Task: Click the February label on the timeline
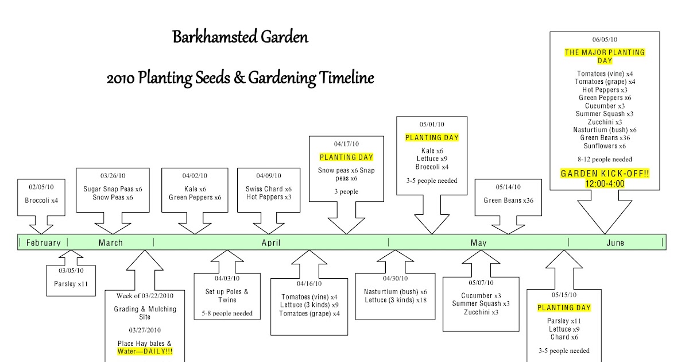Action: [x=44, y=242]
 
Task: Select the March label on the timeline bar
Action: [x=111, y=242]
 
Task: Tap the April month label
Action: [x=271, y=242]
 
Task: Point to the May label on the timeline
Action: [x=478, y=242]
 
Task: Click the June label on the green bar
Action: [x=615, y=242]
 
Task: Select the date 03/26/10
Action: [x=113, y=176]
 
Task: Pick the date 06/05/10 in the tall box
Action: [x=605, y=40]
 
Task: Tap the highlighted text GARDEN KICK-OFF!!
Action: [x=605, y=174]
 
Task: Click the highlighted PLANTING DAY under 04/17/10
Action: [x=346, y=157]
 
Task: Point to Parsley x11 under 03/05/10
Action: [x=71, y=283]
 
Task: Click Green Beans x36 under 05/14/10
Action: [x=508, y=201]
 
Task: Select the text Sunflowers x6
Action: [x=606, y=146]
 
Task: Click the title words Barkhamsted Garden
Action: [x=241, y=38]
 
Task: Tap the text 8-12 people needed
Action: [x=605, y=159]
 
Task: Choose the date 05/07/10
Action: [x=481, y=282]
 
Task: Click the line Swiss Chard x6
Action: [x=268, y=189]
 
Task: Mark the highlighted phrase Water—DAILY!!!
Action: [x=145, y=351]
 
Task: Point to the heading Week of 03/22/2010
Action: [x=145, y=295]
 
